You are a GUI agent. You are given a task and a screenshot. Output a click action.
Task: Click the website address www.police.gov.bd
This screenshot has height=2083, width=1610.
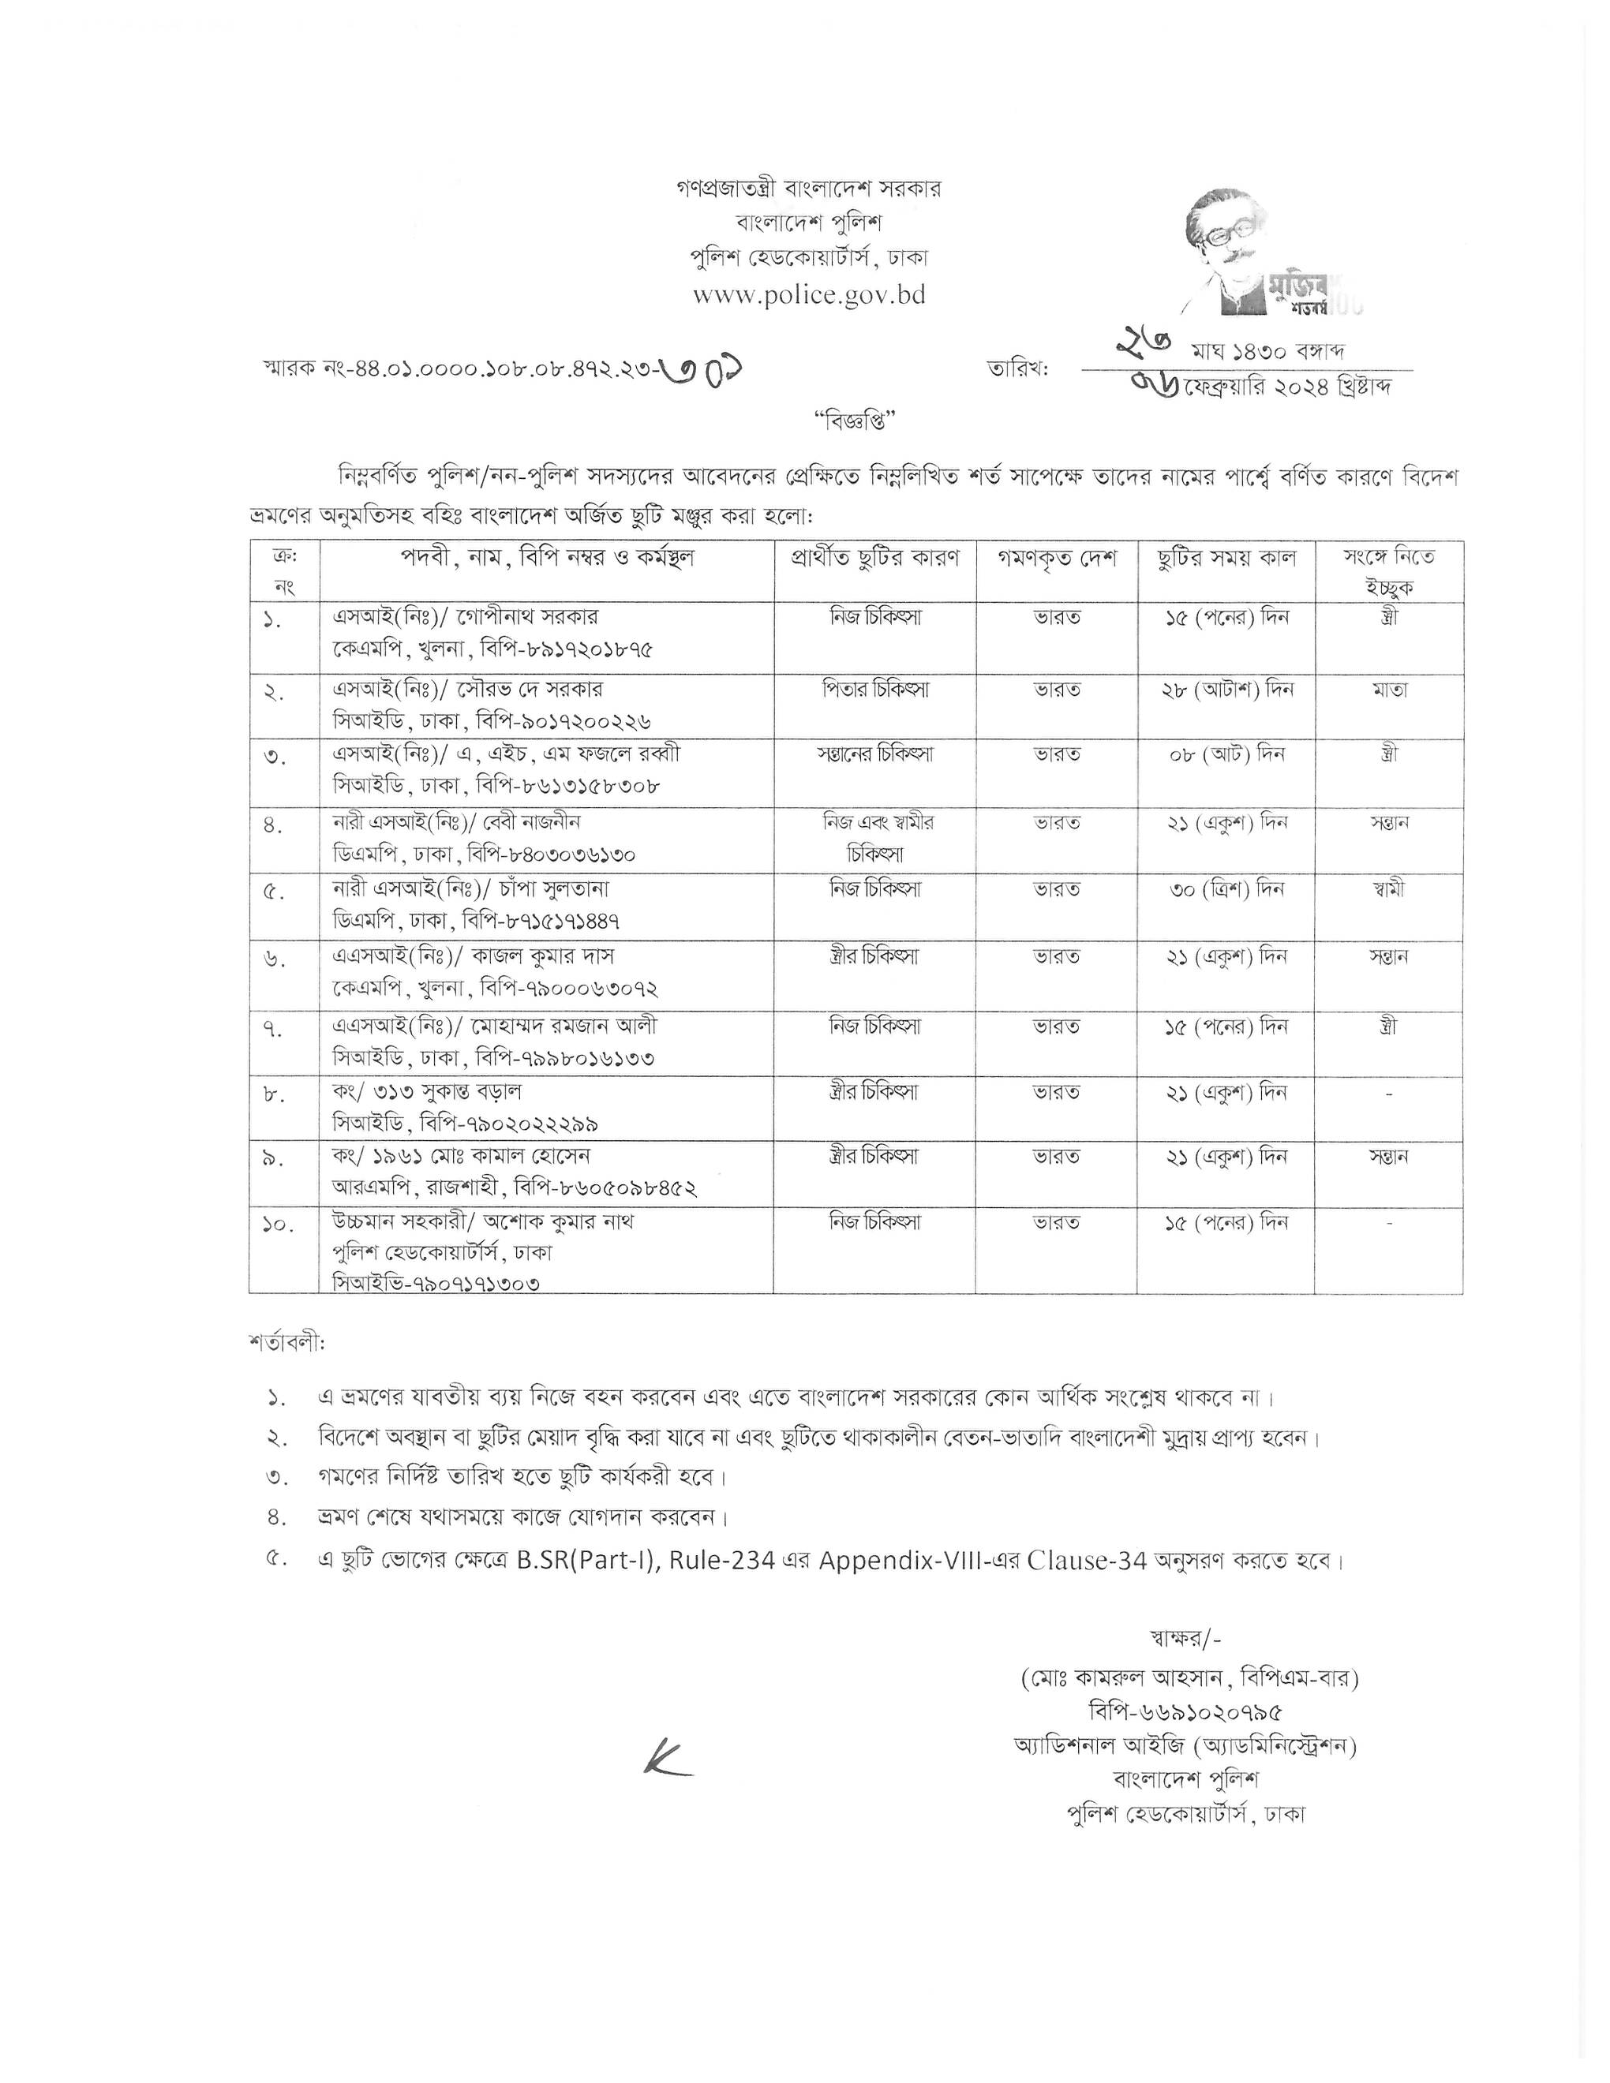809,295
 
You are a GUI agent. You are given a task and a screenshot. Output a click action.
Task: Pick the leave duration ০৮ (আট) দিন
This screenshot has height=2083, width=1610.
1226,754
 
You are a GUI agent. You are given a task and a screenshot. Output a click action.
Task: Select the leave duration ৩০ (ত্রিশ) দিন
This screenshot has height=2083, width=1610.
1226,890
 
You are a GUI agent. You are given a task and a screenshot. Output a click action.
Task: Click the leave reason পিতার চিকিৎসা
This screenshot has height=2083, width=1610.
874,689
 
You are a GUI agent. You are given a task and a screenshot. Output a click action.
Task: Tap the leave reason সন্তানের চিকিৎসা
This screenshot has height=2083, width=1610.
874,754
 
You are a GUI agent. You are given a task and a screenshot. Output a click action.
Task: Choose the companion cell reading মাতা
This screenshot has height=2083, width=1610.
1389,689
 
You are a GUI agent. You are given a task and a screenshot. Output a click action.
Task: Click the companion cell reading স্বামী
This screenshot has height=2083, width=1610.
1389,890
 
